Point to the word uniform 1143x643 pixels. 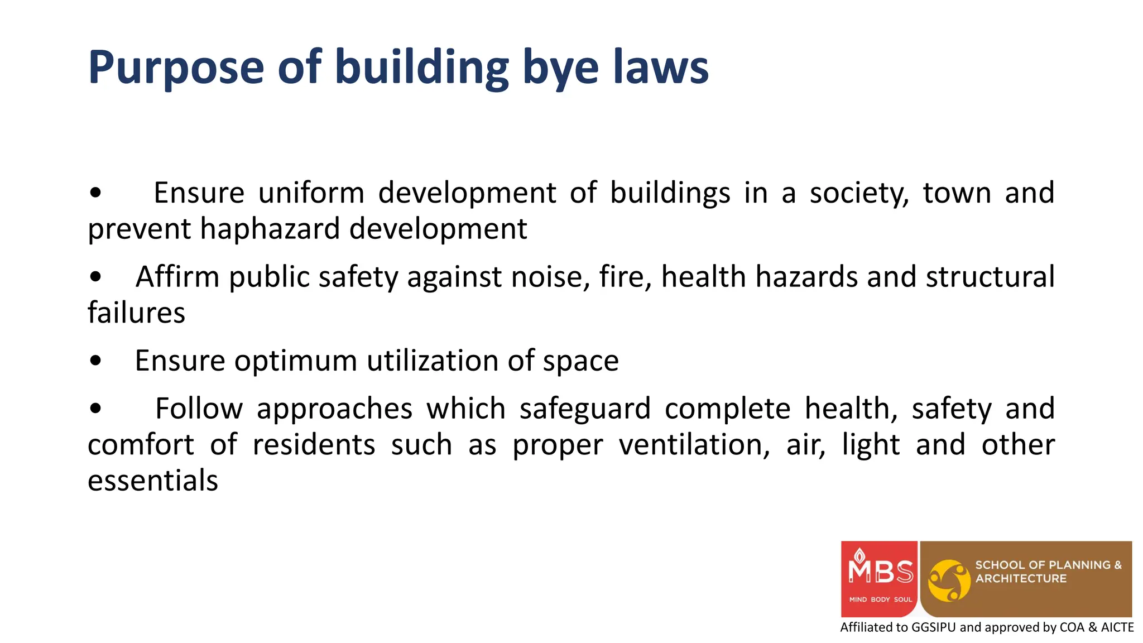click(311, 193)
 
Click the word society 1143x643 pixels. click(859, 193)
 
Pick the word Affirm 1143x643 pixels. click(177, 276)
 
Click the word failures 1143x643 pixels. click(136, 313)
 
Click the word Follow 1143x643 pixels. click(199, 408)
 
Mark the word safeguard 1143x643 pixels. click(585, 409)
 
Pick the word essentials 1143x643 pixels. click(153, 481)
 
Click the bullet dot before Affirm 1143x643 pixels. click(95, 276)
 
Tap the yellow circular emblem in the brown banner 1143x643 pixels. click(949, 580)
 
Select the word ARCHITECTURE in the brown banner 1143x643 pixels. click(1020, 579)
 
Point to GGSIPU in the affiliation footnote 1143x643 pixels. click(933, 627)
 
